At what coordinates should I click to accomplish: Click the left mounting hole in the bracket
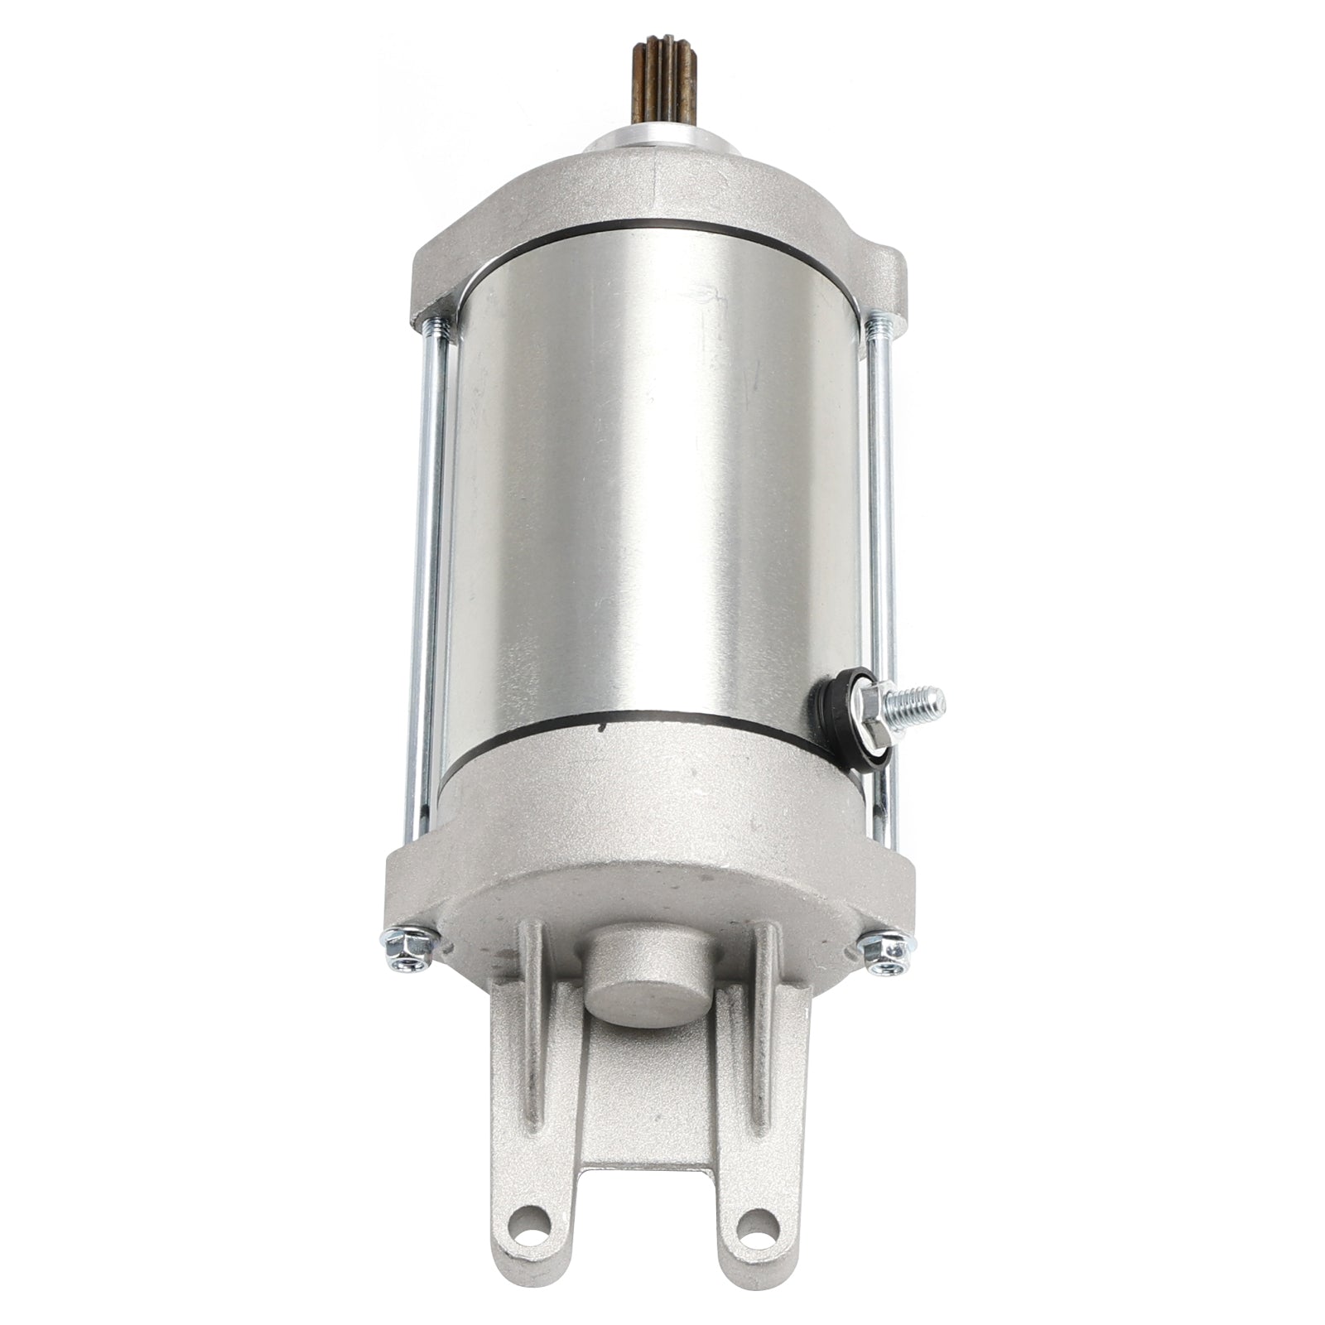[x=530, y=1242]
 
